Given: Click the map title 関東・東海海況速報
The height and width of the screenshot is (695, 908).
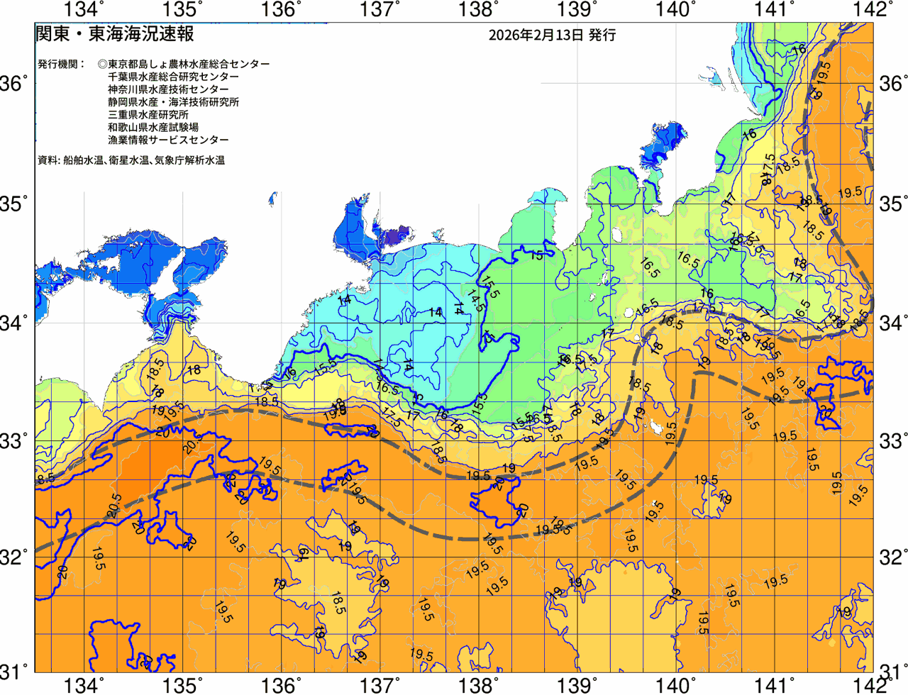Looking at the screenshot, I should click(114, 34).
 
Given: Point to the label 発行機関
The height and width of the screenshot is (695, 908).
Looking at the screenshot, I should click(61, 64).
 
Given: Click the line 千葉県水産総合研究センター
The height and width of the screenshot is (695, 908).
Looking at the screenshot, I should click(173, 77).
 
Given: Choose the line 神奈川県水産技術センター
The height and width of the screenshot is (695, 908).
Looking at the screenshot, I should click(168, 89).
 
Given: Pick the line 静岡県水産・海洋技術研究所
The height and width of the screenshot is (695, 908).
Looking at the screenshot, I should click(173, 102).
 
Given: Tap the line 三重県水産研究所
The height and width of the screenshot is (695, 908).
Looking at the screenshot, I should click(148, 115).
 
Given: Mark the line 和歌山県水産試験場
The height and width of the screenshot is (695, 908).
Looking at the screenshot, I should click(153, 128).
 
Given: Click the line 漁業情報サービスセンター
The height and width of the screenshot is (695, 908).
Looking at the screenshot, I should click(168, 140).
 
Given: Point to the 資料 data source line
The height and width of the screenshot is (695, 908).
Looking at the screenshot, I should click(131, 161).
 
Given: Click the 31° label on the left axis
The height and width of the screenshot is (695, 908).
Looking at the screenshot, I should click(16, 671).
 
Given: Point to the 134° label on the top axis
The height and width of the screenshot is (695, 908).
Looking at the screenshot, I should click(84, 9).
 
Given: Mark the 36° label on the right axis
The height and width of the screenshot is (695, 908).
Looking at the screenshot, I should click(892, 84).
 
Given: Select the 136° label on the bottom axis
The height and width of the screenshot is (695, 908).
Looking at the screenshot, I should click(282, 685).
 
